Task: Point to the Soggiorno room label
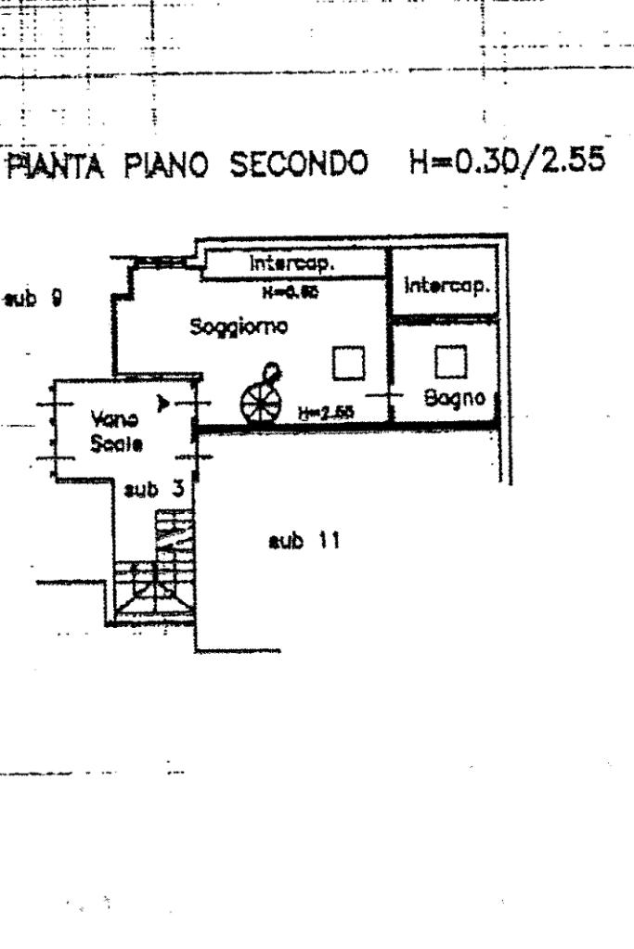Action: (x=239, y=327)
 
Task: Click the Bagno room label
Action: (x=455, y=399)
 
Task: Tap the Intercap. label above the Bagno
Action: (x=446, y=288)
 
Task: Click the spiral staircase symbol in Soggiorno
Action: (x=262, y=395)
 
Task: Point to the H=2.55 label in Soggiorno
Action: (x=325, y=413)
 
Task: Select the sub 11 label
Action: (x=302, y=541)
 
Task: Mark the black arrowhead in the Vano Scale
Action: (x=164, y=404)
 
